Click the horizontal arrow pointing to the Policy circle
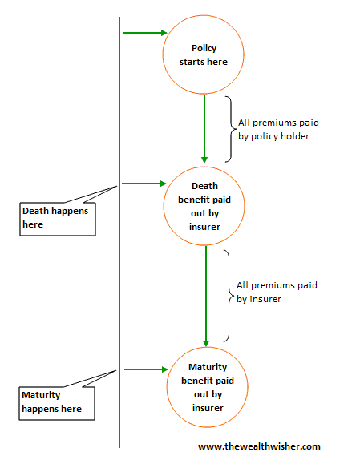point(145,33)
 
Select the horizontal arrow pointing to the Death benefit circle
point(144,184)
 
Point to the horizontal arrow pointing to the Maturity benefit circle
point(146,369)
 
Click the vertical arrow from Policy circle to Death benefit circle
point(204,129)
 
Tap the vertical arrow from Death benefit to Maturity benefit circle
point(206,297)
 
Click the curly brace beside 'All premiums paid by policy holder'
point(232,129)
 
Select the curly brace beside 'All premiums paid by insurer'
point(229,296)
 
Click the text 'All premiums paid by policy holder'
point(278,129)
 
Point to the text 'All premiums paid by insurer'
point(277,292)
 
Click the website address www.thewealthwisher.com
point(259,446)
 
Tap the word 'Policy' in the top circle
point(204,49)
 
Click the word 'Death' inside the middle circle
point(204,186)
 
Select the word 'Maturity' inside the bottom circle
point(208,367)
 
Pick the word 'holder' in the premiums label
point(294,136)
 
